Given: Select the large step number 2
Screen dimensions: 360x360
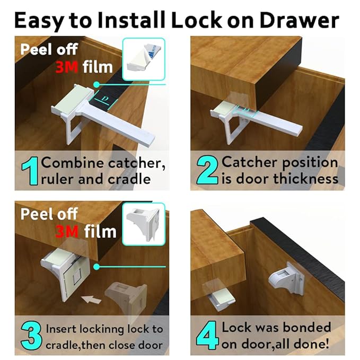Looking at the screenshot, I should tap(206, 171).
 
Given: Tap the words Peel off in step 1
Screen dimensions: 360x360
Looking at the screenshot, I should tap(49, 50).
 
